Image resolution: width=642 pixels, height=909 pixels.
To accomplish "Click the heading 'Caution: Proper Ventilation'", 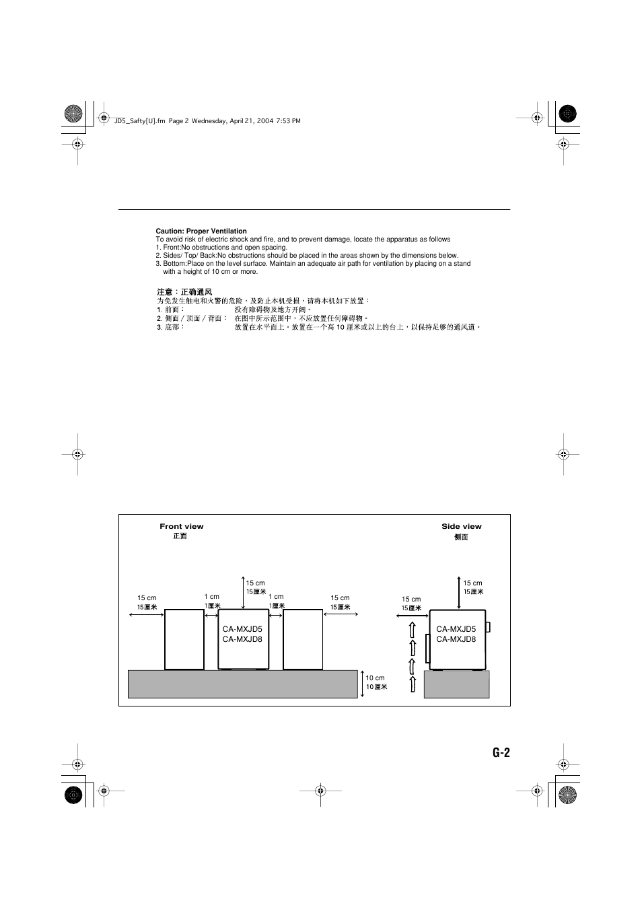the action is pos(201,231).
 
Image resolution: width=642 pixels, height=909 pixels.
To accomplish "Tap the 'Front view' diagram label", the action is pos(181,527).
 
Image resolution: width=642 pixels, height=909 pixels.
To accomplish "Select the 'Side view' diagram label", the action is pos(461,527).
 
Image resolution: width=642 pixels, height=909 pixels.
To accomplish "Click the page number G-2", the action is pos(501,753).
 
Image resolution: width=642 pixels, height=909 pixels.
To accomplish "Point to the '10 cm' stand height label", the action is pos(375,678).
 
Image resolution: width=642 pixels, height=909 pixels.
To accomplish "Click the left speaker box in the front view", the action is pos(184,639).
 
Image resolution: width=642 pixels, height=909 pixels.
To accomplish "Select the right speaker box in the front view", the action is pos(303,639).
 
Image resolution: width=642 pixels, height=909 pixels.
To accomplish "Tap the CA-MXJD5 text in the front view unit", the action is pos(242,629).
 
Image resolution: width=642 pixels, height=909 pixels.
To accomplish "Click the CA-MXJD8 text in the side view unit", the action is pos(456,639).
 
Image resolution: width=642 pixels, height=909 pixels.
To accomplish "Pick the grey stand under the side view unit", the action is pos(456,684).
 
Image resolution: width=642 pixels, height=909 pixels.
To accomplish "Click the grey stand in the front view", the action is pos(242,684).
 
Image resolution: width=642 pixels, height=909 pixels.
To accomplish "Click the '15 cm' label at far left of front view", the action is pos(147,597).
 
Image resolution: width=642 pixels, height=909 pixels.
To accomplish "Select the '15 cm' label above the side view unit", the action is pos(472,583).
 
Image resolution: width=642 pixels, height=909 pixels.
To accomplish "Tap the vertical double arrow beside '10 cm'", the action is pos(361,684).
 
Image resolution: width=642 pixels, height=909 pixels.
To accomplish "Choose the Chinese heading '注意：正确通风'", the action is pos(184,292).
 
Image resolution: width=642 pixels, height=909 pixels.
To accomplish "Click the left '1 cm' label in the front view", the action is pos(212,597).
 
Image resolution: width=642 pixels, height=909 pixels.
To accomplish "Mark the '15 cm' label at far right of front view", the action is pos(340,597).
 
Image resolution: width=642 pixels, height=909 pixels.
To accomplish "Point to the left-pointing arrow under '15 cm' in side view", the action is pos(415,614).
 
